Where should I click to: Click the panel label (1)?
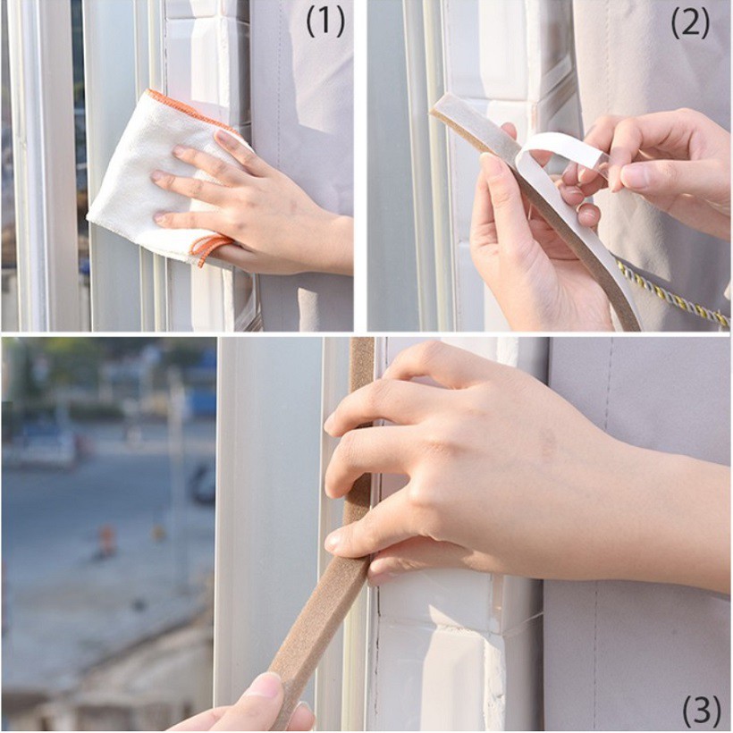[x=324, y=22]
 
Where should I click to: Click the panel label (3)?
[x=701, y=711]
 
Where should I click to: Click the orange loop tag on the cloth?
[x=212, y=248]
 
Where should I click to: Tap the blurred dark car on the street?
[x=204, y=483]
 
